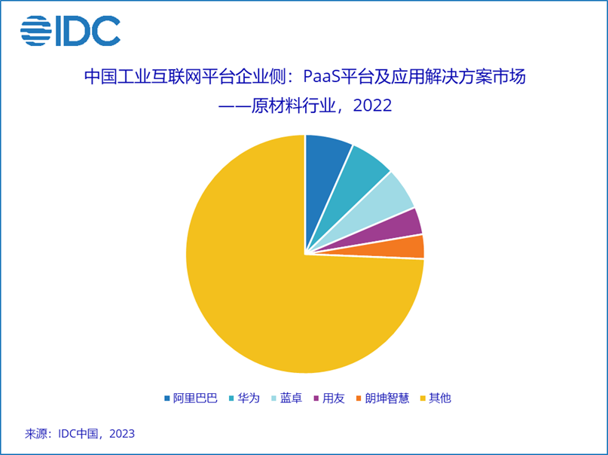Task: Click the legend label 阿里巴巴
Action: [x=195, y=398]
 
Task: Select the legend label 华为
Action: [x=249, y=398]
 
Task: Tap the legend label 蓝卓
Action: [x=291, y=398]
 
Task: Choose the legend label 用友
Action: [x=334, y=398]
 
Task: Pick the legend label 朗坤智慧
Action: [x=387, y=398]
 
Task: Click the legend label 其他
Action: [x=440, y=398]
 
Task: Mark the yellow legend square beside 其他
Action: [x=423, y=399]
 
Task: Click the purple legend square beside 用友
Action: [x=316, y=399]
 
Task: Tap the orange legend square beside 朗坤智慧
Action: [x=359, y=399]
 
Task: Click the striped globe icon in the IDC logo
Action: [x=36, y=31]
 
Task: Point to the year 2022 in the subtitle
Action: [x=372, y=105]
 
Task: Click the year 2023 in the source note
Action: [x=122, y=434]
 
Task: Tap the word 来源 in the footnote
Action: [x=36, y=434]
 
